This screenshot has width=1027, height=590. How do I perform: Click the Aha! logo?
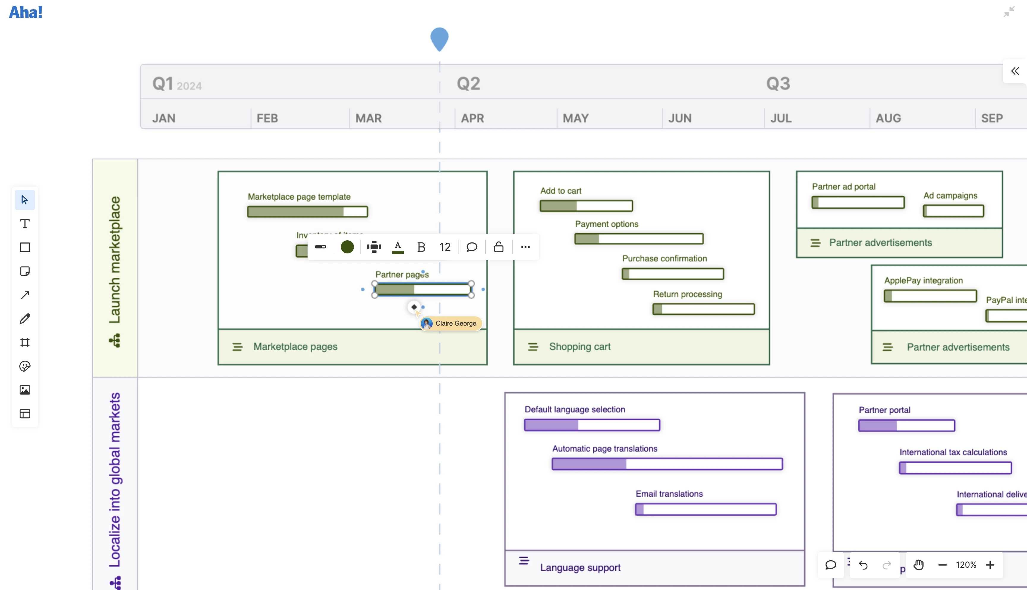coord(26,12)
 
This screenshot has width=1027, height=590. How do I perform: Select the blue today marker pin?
coord(439,39)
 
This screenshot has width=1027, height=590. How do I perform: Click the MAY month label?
coord(576,118)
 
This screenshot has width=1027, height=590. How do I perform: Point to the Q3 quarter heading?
coord(778,83)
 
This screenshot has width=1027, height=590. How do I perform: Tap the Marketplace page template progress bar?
coord(307,212)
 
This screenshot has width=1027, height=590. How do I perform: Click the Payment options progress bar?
coord(638,239)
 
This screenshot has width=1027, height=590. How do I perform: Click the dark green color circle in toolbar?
coord(347,247)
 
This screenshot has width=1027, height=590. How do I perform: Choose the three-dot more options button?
coord(525,247)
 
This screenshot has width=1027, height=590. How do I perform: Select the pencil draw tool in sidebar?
coord(25,318)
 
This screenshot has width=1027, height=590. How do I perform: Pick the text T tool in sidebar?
coord(25,224)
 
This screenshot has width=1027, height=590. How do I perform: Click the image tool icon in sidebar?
coord(25,390)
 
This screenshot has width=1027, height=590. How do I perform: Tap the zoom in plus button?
coord(990,565)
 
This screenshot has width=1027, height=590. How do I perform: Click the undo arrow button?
coord(863,565)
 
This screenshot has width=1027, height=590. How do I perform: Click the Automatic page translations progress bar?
coord(667,464)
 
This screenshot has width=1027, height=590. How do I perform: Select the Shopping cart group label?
coord(579,347)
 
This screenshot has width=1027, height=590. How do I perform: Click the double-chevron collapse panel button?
coord(1015,71)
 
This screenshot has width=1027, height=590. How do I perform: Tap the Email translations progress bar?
coord(705,509)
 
